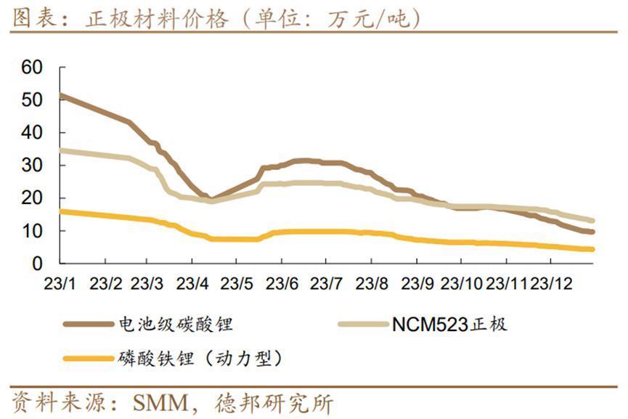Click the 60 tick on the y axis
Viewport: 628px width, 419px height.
(x=33, y=67)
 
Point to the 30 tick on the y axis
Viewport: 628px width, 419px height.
(x=33, y=166)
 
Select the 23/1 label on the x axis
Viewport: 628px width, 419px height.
(x=62, y=282)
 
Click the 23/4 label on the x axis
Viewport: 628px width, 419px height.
(x=193, y=282)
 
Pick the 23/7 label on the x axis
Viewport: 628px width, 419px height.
(x=327, y=282)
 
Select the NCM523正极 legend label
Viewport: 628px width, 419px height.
(x=449, y=324)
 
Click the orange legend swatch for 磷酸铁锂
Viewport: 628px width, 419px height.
(x=87, y=358)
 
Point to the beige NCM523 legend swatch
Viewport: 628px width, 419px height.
(x=362, y=324)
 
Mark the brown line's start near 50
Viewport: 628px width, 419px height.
(x=63, y=96)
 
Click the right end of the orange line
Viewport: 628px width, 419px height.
(x=592, y=249)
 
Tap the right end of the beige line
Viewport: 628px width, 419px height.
(x=592, y=220)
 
